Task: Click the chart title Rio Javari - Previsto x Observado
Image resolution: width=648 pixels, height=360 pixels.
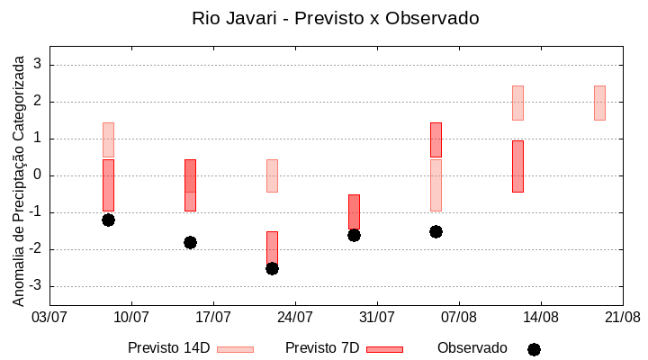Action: point(335,18)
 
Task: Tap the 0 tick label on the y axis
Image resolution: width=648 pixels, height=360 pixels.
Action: point(38,175)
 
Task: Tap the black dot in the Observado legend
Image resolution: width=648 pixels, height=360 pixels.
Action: point(534,349)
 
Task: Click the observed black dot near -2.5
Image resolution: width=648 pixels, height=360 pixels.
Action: point(272,268)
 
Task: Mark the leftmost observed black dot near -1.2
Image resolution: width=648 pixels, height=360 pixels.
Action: point(108,220)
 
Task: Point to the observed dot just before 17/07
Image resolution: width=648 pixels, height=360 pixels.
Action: point(190,242)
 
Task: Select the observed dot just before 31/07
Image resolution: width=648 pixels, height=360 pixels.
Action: point(354,235)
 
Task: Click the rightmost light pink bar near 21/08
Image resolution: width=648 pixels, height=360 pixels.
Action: point(599,103)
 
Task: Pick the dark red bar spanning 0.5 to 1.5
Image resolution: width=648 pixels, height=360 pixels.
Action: point(436,139)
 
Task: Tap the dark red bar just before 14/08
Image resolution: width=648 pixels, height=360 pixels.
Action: point(517,166)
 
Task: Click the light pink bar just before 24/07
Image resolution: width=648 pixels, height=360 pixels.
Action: point(272,175)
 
